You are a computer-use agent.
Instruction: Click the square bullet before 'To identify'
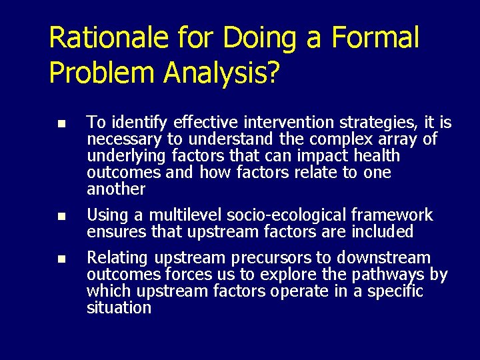point(61,124)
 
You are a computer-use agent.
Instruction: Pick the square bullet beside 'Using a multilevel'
point(61,217)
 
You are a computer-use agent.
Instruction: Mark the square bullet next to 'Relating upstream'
point(61,259)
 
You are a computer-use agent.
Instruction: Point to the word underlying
point(117,156)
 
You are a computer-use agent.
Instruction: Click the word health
point(376,156)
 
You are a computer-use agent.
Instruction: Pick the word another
point(115,189)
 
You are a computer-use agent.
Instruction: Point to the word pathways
point(393,275)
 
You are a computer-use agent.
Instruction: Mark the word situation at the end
point(119,308)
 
